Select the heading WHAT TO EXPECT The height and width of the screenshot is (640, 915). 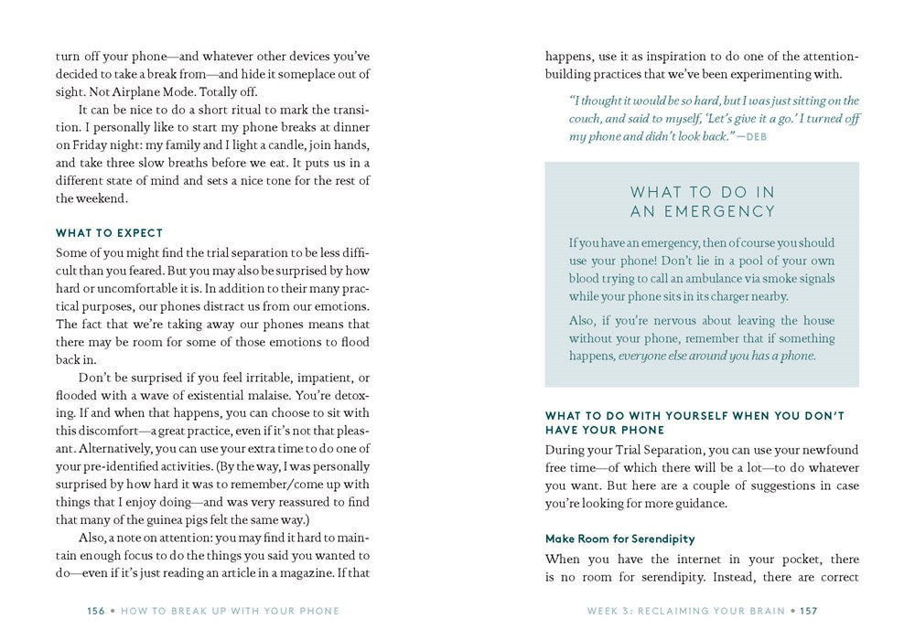[x=109, y=233]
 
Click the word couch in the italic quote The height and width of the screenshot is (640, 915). [x=590, y=118]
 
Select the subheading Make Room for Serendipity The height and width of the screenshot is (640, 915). [x=620, y=539]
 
